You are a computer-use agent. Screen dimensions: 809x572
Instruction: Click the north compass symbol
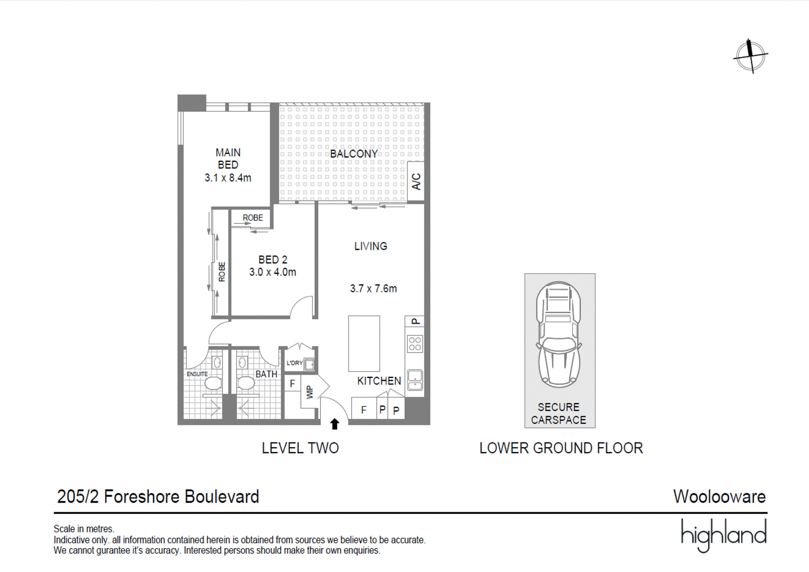750,56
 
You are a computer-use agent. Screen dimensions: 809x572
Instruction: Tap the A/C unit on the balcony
416,182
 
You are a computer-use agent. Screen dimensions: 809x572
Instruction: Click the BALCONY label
353,154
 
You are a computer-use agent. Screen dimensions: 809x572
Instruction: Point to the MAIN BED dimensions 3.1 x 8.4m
228,178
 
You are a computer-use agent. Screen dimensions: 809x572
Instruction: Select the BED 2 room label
273,259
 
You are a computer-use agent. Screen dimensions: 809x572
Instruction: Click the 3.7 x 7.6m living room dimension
374,288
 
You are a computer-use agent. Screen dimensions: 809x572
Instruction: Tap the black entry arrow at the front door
335,424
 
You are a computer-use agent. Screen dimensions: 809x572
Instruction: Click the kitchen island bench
364,343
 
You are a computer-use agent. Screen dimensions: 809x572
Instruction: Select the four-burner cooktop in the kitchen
415,343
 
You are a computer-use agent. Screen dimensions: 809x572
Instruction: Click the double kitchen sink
415,380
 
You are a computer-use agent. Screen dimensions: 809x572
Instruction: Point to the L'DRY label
294,363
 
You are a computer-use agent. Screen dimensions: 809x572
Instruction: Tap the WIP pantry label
309,392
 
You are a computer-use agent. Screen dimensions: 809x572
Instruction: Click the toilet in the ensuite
213,383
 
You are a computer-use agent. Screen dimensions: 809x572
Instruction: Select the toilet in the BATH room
246,383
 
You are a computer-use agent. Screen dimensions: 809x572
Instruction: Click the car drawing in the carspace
559,335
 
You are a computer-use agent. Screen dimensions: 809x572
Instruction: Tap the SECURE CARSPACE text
559,414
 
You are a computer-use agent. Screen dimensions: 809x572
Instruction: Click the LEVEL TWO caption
300,448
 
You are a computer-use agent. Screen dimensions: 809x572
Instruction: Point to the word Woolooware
720,497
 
